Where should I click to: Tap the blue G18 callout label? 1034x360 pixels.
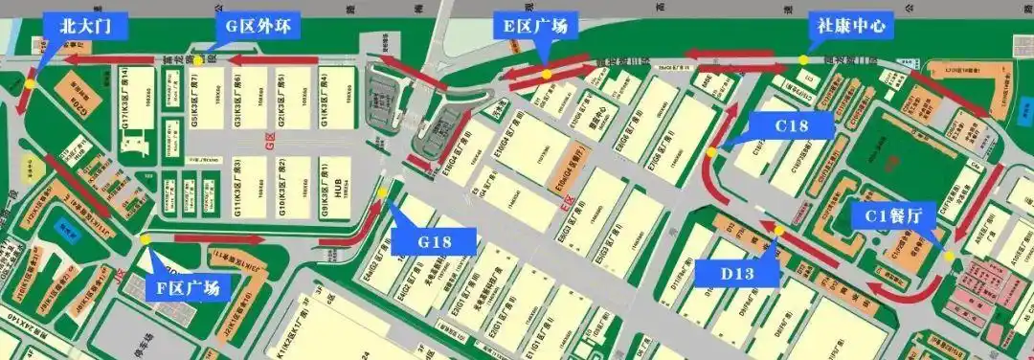click(x=434, y=241)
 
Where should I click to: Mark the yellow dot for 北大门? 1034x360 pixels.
click(x=30, y=83)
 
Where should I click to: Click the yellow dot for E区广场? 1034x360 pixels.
click(x=546, y=74)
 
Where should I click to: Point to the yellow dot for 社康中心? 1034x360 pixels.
click(x=804, y=60)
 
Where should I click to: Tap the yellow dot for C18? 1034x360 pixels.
click(x=711, y=153)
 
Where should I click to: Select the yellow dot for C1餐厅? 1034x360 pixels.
click(x=949, y=256)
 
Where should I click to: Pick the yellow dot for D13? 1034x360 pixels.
click(x=778, y=231)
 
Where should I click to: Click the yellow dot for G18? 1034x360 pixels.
click(x=383, y=192)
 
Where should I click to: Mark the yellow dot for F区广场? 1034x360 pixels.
click(x=145, y=239)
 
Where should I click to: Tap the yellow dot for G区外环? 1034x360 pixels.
click(x=200, y=60)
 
